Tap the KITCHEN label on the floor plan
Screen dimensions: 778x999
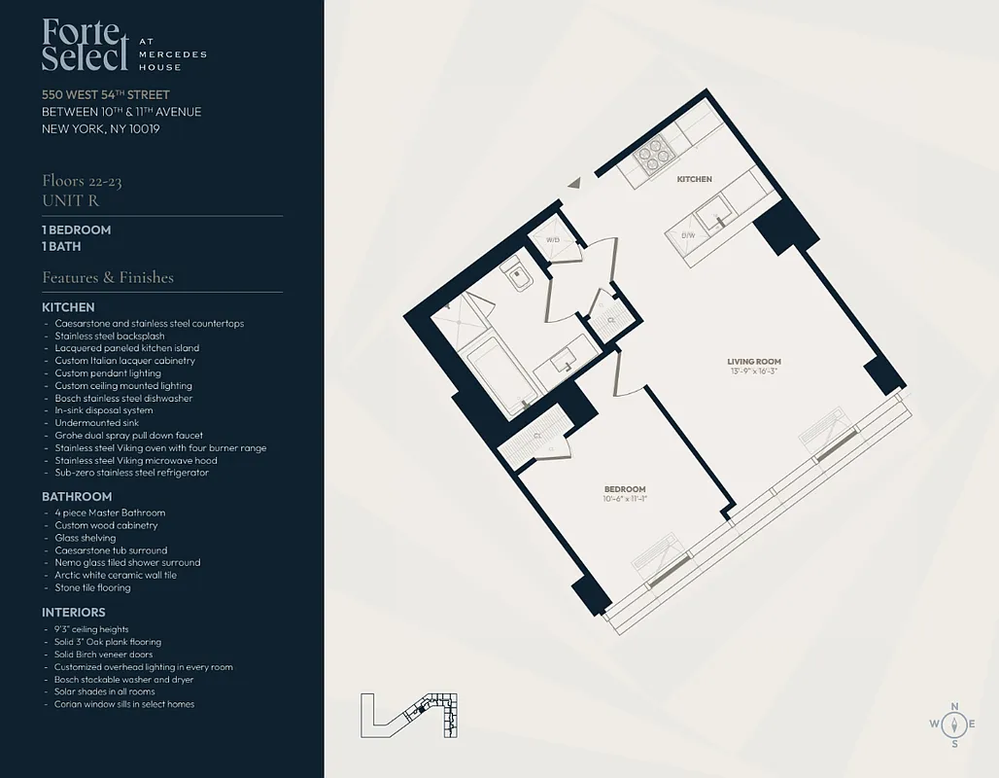coord(695,179)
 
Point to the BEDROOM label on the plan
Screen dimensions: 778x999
coord(625,489)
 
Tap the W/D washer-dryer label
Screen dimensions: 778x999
coord(553,239)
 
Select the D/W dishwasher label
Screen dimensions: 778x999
coord(688,235)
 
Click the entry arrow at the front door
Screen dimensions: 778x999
coord(575,182)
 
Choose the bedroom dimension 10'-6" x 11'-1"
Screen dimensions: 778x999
coord(625,499)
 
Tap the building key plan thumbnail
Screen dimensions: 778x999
coord(409,718)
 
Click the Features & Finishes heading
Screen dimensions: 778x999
coord(108,277)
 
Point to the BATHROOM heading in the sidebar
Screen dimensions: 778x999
coord(77,496)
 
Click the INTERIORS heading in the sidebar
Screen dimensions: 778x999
coord(74,613)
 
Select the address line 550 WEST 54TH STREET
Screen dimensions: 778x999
coord(106,95)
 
